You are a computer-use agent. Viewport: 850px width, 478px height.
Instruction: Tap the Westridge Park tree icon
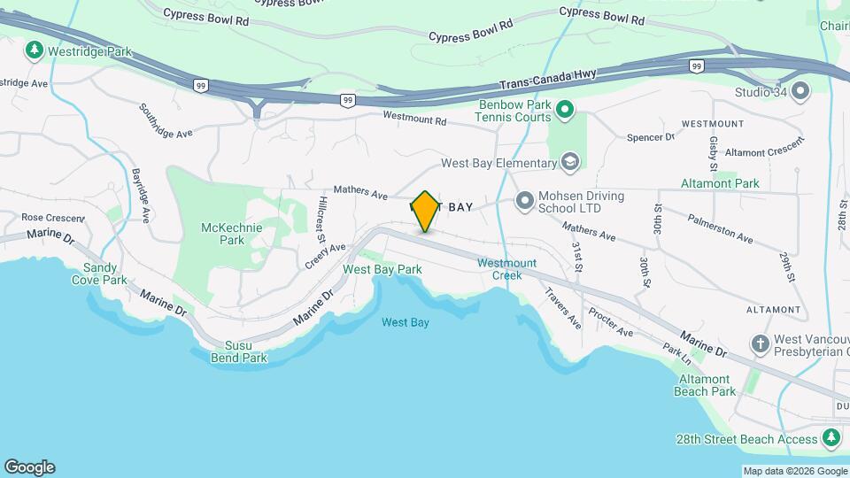click(35, 50)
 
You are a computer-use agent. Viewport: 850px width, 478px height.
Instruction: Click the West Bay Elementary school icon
click(570, 162)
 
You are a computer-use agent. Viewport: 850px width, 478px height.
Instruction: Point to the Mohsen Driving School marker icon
click(524, 202)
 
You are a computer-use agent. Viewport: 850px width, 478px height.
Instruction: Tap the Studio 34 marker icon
click(801, 91)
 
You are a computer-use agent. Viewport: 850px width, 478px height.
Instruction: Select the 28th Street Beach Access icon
click(831, 438)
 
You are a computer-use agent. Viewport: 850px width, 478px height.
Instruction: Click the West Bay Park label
click(382, 269)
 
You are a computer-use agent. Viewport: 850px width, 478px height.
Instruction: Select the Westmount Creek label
click(506, 269)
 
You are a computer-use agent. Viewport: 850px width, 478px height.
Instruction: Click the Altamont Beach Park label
click(705, 385)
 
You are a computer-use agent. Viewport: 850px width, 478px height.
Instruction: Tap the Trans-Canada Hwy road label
click(548, 78)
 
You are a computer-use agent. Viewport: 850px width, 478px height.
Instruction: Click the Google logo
click(29, 467)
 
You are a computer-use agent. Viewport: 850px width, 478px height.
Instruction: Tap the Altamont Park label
click(720, 183)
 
